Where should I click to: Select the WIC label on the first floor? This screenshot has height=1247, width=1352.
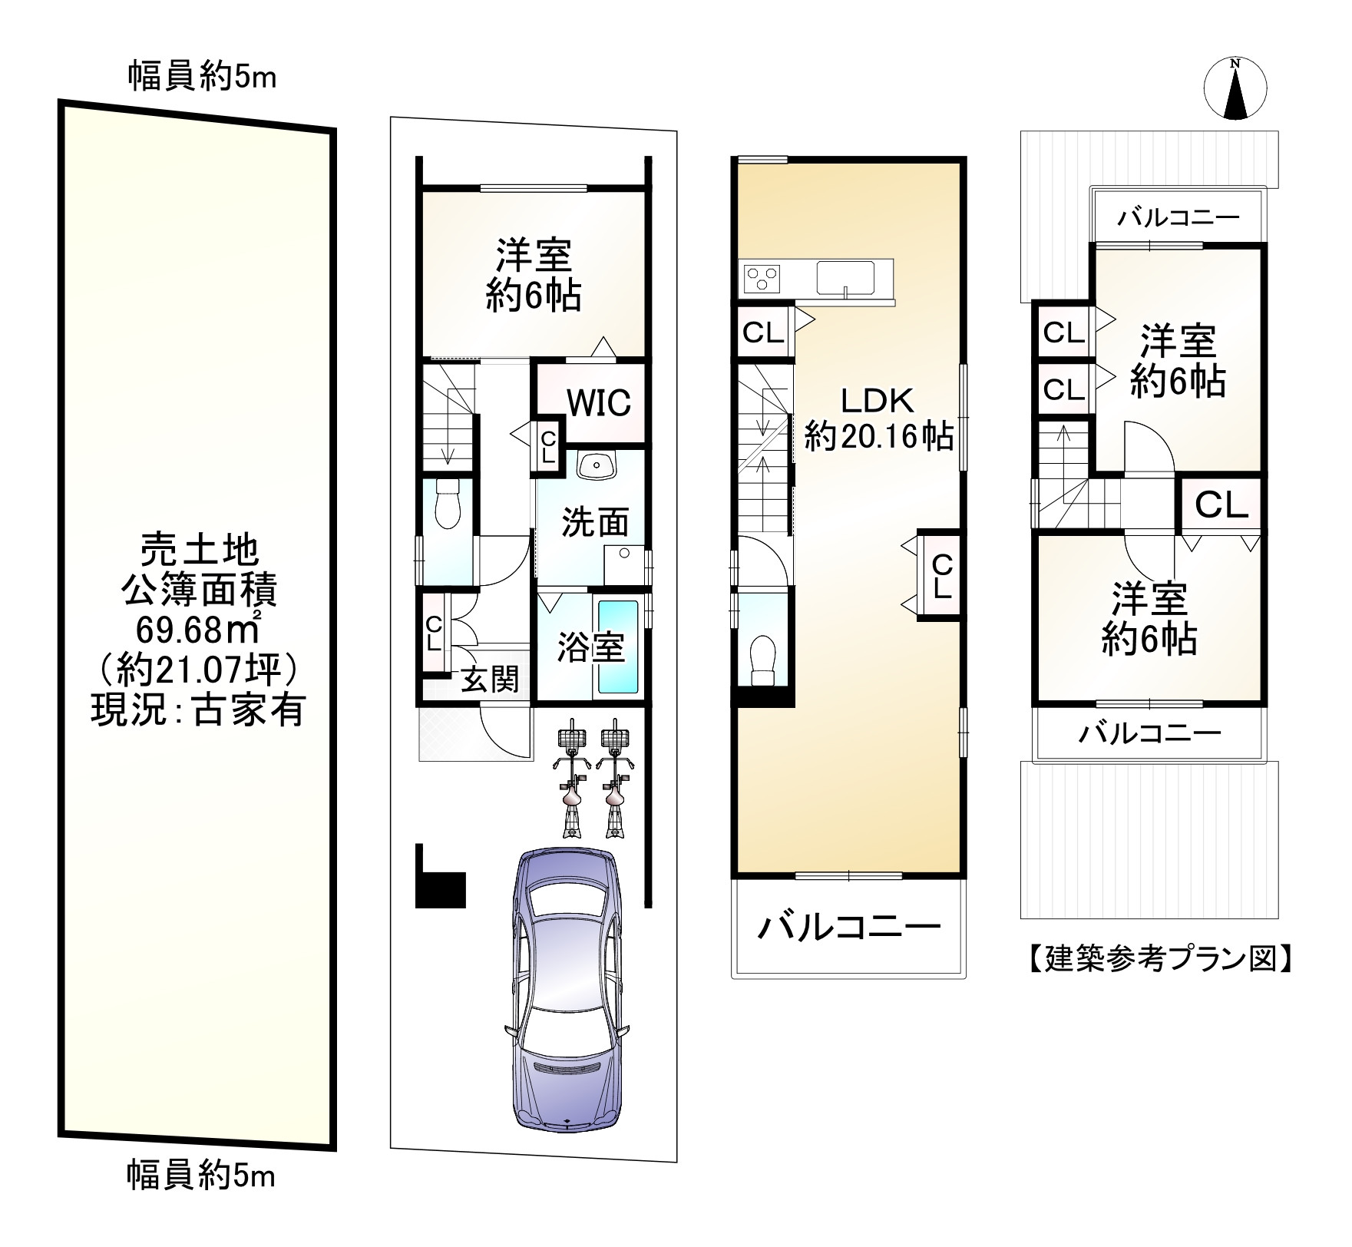599,402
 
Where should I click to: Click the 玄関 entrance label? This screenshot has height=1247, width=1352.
489,679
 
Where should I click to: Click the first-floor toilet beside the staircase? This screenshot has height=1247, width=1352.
446,503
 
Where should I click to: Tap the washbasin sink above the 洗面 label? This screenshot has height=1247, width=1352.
596,465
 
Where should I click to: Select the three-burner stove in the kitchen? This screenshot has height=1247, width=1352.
760,278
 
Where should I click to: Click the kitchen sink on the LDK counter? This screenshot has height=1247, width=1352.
845,278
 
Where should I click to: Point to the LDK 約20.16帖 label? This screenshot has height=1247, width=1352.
878,418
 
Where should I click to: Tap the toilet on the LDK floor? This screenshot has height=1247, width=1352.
763,660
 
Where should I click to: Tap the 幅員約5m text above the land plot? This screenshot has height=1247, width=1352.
201,77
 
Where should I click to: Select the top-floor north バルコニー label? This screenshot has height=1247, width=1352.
1178,218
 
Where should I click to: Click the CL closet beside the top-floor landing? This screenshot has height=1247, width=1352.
1221,505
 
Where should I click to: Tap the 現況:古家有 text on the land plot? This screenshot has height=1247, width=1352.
198,709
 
